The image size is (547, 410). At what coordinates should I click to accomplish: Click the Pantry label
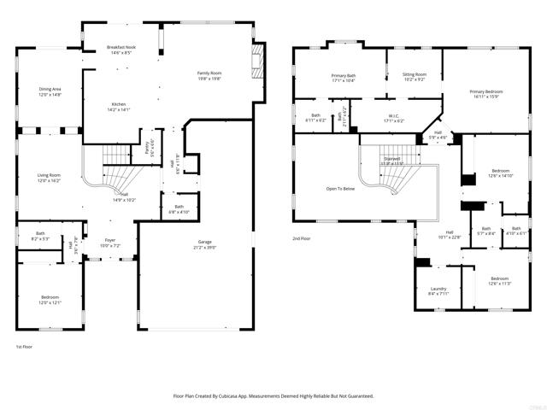[x=149, y=145]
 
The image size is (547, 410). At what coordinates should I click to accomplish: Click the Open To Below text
[x=341, y=189]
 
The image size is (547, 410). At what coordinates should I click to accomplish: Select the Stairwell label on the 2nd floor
[x=391, y=159]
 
